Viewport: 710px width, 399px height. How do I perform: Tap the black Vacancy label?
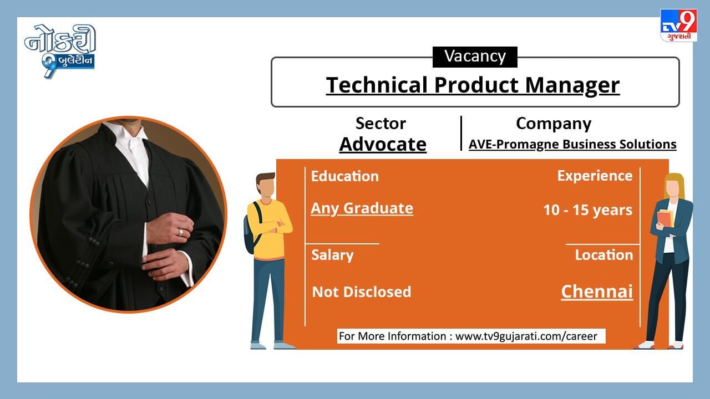coord(475,57)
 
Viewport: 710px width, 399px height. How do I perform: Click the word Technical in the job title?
coord(377,85)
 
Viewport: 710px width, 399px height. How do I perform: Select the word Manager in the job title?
coord(572,85)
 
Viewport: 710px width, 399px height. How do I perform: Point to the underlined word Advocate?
coord(383,145)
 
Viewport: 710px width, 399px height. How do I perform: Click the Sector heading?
coord(381,123)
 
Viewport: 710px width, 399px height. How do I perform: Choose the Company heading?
coord(554,124)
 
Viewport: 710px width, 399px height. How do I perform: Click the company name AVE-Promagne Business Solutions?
coord(572,145)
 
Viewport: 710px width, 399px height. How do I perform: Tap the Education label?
coord(345,176)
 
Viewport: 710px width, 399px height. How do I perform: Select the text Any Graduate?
coord(362,208)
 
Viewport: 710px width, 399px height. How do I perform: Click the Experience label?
coord(595,176)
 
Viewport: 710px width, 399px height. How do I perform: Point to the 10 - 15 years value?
coord(588,210)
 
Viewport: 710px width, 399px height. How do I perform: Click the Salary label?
coord(332,255)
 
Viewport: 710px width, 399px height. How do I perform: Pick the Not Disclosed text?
coord(362,291)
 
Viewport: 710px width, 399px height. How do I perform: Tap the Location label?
coord(604,255)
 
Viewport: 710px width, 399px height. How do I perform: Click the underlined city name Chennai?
coord(597,291)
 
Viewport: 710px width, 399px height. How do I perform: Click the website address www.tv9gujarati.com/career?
coord(526,336)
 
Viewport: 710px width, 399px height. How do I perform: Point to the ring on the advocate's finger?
coord(181,232)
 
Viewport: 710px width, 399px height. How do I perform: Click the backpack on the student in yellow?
coord(251,228)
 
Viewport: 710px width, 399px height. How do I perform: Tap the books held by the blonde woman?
coord(666,218)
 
